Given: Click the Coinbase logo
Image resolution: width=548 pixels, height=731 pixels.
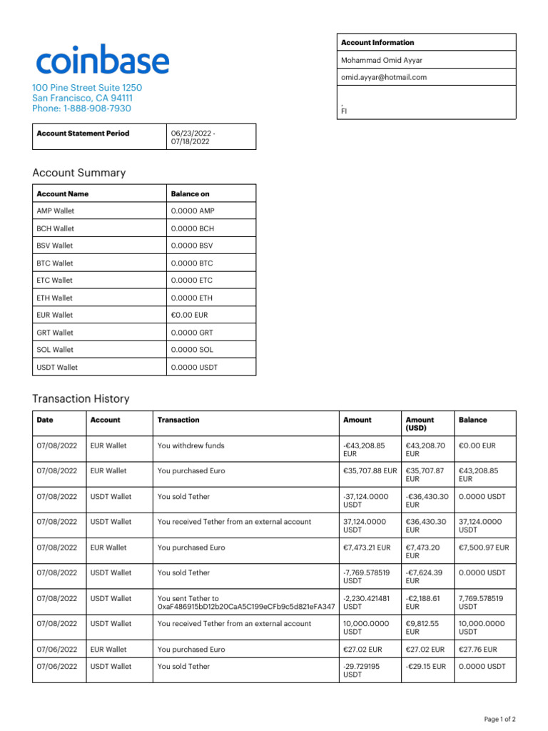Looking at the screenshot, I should tap(103, 61).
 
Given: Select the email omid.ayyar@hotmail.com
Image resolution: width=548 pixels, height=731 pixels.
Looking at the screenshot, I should tap(384, 77).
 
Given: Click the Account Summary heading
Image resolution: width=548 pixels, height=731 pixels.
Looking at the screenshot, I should tap(78, 173).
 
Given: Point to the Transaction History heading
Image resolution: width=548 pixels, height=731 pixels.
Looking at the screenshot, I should tap(81, 398).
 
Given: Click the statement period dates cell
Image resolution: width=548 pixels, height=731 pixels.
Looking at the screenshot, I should tap(193, 137).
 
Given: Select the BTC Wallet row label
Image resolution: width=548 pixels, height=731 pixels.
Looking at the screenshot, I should tap(55, 263).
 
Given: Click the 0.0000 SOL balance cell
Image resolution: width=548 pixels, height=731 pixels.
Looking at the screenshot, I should tap(192, 350).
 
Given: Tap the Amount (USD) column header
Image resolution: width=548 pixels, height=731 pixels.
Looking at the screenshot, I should tap(420, 424).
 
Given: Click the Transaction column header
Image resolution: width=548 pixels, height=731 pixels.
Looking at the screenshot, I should tap(178, 420).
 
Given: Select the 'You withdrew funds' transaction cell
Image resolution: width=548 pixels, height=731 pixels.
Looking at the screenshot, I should tap(191, 445).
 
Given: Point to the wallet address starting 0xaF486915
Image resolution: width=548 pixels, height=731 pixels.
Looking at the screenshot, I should tap(246, 606).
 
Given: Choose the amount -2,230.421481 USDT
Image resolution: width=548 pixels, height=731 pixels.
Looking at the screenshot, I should tap(367, 603).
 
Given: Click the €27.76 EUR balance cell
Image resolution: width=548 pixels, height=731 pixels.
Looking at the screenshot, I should tap(477, 650).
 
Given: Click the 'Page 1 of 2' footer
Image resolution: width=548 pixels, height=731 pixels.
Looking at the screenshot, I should tap(500, 719).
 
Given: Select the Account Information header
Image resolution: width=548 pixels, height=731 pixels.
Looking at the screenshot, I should tap(377, 42).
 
